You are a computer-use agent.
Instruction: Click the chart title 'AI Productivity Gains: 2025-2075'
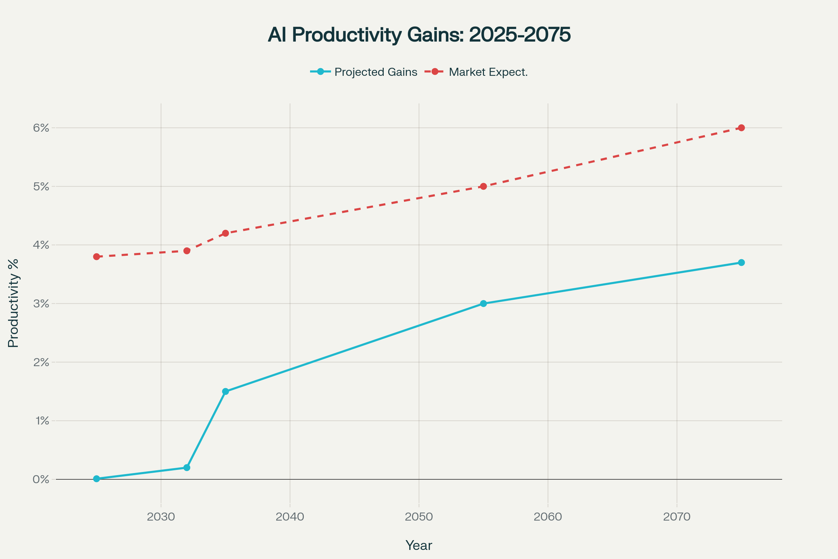[x=419, y=35]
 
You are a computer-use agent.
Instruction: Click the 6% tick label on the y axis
[x=41, y=128]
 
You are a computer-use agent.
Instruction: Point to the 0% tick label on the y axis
[x=41, y=479]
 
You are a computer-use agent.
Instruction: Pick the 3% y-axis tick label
[x=41, y=304]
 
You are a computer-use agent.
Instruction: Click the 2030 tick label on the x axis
[x=161, y=517]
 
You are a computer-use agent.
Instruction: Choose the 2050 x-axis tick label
[x=419, y=517]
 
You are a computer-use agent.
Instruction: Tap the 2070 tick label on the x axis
[x=677, y=517]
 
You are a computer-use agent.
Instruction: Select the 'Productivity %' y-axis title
[x=13, y=303]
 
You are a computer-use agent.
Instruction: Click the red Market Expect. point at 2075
[x=741, y=128]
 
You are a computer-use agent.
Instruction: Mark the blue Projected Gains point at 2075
[x=741, y=263]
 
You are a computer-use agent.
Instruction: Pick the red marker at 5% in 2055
[x=484, y=187]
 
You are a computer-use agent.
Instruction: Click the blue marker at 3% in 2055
[x=484, y=304]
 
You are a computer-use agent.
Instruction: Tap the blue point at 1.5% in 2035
[x=226, y=391]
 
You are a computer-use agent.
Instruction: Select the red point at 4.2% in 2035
[x=226, y=233]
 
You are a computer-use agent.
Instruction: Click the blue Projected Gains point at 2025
[x=97, y=479]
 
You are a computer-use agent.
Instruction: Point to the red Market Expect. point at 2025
[x=97, y=257]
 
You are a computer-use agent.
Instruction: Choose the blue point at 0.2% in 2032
[x=187, y=467]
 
